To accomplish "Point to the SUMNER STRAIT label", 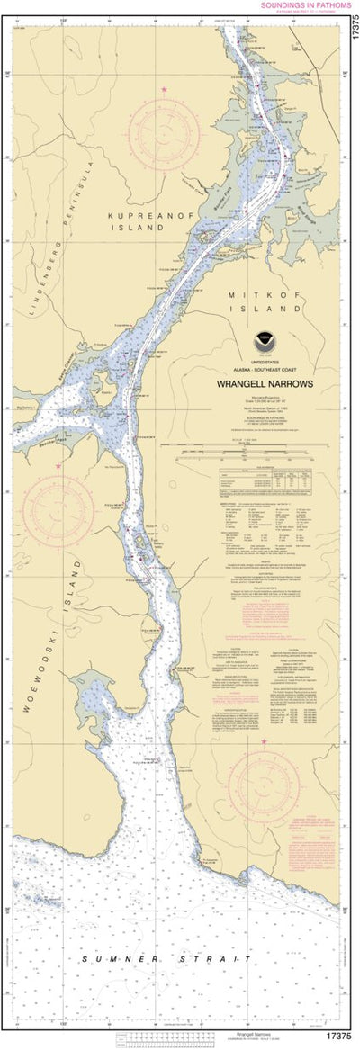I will click(166, 959).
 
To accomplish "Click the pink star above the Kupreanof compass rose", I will click(164, 89).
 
